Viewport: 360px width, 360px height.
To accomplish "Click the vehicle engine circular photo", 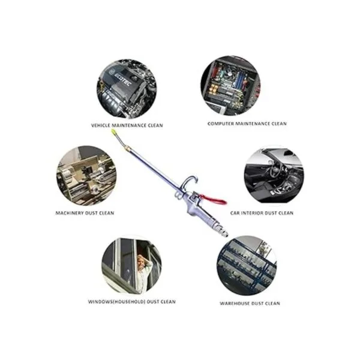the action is (127, 89).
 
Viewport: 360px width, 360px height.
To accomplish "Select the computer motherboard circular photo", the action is (231, 86).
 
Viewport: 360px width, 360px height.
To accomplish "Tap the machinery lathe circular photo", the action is (86, 175).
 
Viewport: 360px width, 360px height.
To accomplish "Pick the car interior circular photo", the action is (274, 175).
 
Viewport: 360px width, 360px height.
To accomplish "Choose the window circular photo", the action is (131, 265).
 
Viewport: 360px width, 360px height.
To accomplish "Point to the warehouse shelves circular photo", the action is (247, 265).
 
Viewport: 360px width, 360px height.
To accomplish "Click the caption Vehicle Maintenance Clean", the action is (127, 125).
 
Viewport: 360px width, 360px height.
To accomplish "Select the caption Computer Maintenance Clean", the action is (247, 124).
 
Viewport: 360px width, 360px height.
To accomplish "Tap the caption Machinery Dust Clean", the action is (85, 213).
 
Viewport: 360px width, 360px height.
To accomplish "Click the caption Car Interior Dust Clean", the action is (262, 213).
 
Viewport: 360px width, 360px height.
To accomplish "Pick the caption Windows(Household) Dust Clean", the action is (132, 301).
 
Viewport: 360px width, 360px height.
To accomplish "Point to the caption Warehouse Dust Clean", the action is (250, 303).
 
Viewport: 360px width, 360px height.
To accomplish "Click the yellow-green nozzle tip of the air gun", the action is (113, 132).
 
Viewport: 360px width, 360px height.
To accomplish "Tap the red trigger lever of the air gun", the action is (213, 199).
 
